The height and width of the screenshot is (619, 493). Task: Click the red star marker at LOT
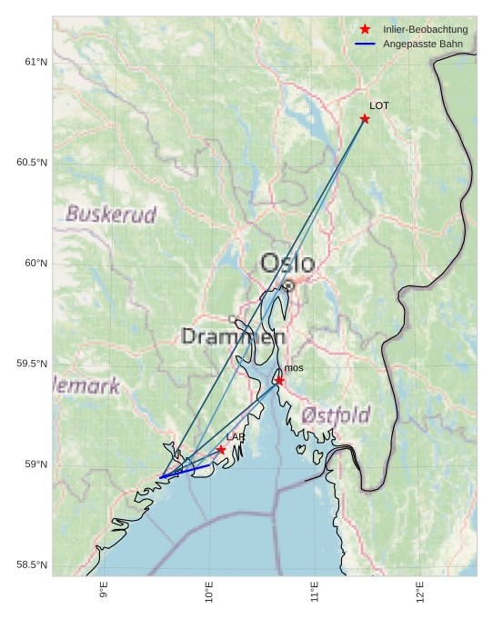point(365,119)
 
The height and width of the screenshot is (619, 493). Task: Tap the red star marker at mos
point(279,381)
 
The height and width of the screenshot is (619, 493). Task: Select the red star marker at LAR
point(221,450)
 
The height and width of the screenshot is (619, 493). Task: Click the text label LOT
point(379,106)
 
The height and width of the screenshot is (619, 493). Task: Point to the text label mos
point(294,368)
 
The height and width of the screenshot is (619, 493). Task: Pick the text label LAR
point(236,437)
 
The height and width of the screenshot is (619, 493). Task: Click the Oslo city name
point(287,264)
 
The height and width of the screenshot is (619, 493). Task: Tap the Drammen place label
point(233,336)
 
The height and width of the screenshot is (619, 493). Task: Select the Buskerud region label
point(111,215)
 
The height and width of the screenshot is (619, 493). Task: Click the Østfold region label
point(336,416)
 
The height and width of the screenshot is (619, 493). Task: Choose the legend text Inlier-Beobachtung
point(425,30)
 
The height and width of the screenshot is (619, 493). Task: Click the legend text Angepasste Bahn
point(423,45)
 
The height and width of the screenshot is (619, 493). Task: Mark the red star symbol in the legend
point(365,30)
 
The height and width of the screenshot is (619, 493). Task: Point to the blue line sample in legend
point(365,45)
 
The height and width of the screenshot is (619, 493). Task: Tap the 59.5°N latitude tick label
point(32,364)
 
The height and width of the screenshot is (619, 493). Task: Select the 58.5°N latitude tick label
point(32,565)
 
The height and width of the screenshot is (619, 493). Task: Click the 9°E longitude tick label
point(104,590)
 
